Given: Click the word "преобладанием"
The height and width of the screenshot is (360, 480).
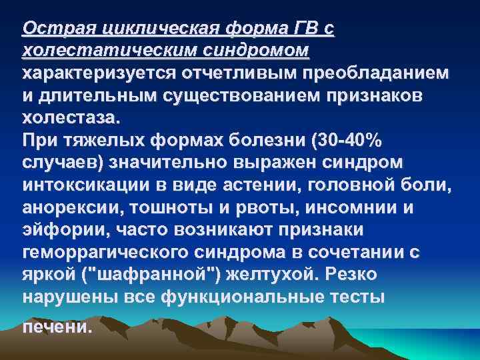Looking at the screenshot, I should click(377, 74).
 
